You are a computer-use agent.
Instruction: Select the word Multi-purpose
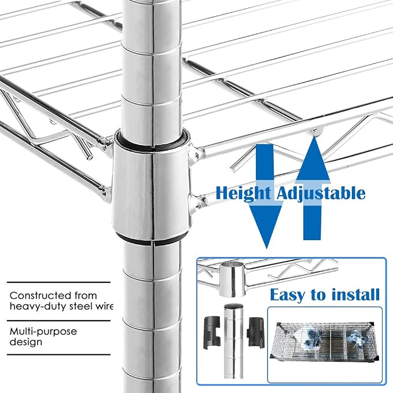[43, 332]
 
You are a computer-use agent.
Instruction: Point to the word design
[25, 342]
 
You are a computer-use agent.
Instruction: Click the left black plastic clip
[212, 333]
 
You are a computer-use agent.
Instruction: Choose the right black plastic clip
[256, 332]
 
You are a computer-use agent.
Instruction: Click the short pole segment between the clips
[234, 341]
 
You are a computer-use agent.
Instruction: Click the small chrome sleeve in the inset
[232, 278]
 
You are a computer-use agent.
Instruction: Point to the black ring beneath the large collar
[152, 238]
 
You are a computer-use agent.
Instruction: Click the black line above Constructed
[58, 282]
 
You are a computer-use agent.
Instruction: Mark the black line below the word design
[58, 354]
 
